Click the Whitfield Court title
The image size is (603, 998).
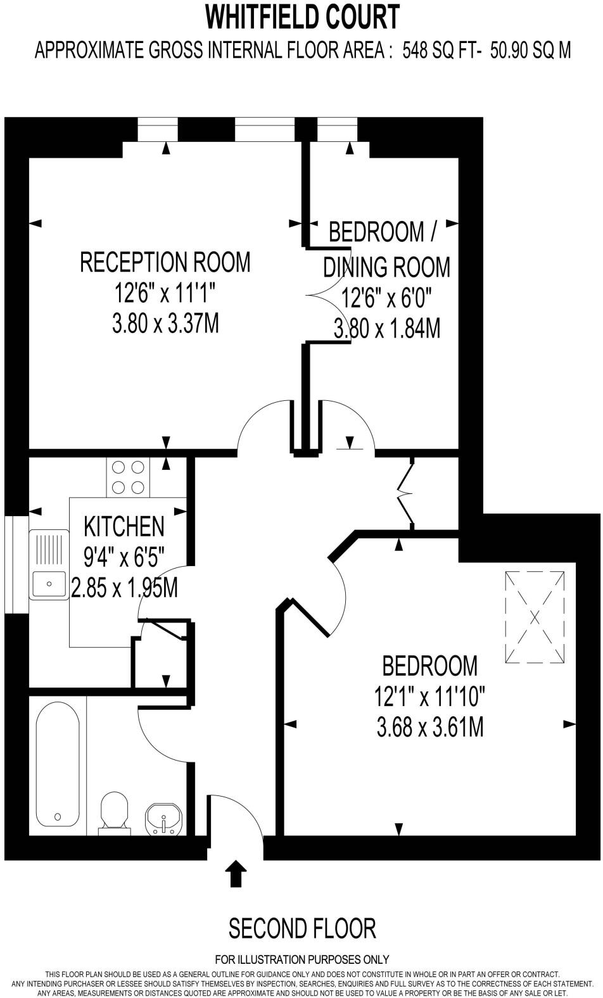point(302,17)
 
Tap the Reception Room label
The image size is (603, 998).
point(165,262)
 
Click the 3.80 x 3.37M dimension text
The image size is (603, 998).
point(165,324)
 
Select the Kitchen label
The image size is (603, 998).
point(124,526)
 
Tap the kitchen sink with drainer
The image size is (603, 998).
point(49,564)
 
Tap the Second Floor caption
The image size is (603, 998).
point(302,928)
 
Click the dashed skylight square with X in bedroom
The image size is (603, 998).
point(535,617)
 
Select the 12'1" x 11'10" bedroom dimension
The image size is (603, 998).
point(429,697)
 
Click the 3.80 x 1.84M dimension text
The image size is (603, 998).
point(386,329)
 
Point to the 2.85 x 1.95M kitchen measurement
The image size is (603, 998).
point(124,588)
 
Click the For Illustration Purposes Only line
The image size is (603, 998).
point(302,959)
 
